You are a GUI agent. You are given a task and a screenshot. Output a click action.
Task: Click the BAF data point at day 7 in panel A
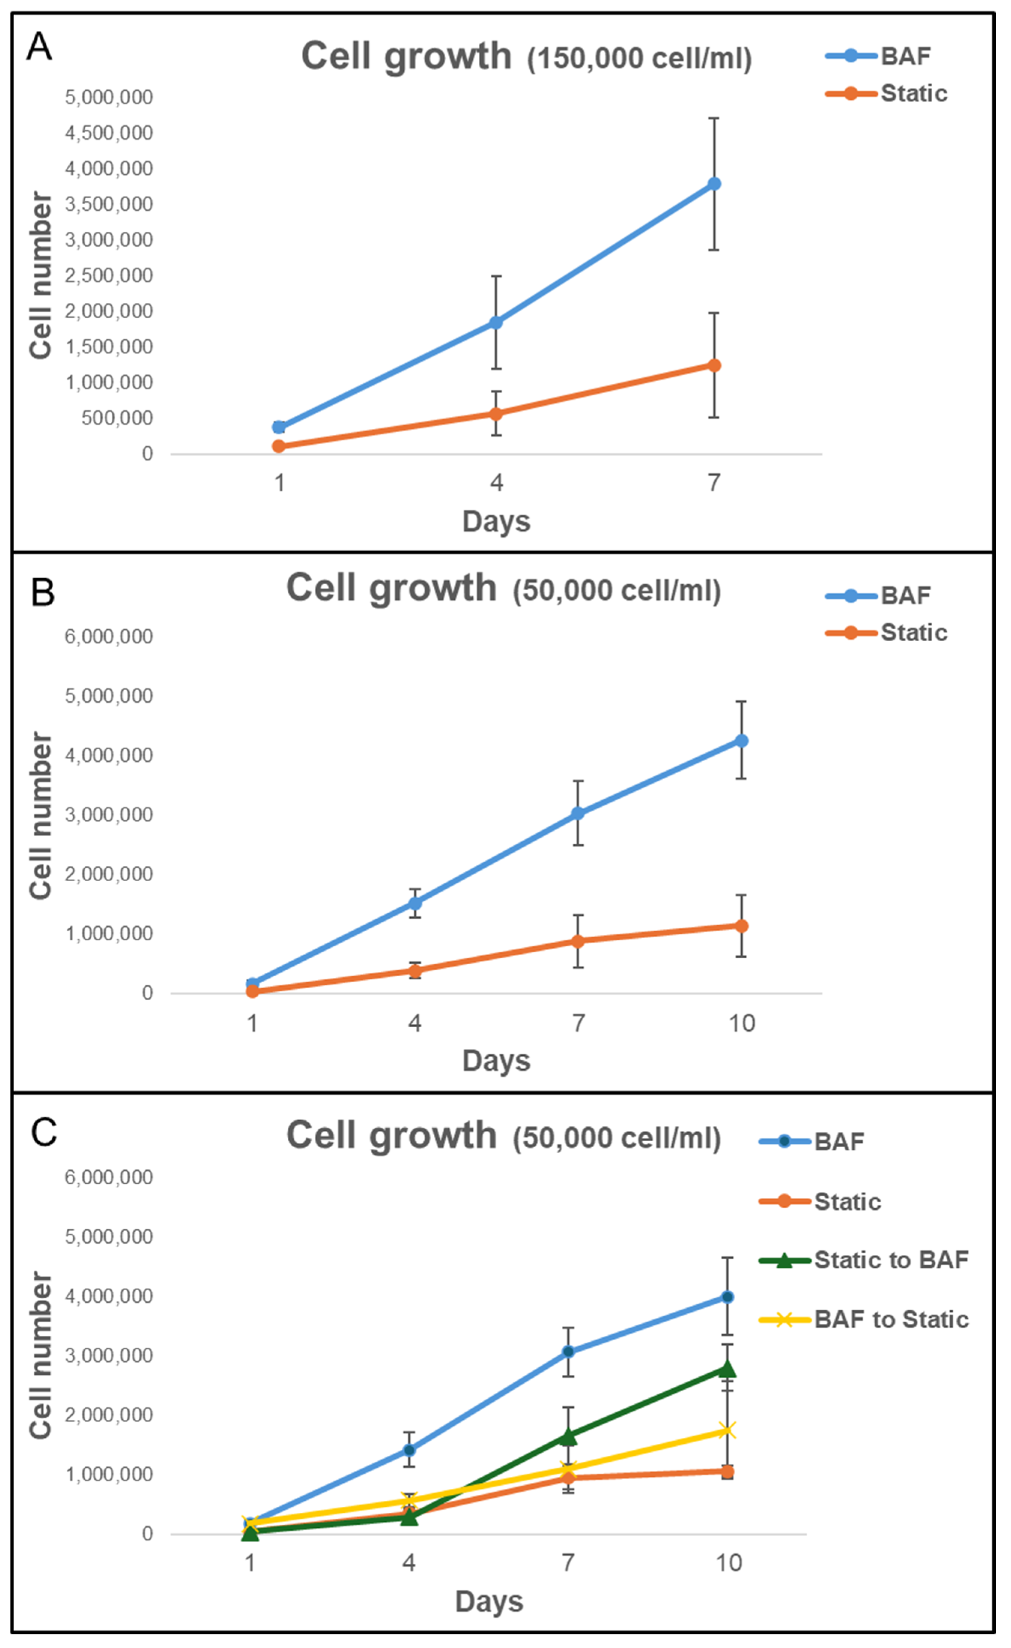click(x=714, y=184)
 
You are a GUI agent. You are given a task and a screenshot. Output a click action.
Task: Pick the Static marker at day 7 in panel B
click(x=578, y=941)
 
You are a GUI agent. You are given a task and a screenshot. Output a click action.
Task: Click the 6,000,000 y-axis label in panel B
click(x=109, y=637)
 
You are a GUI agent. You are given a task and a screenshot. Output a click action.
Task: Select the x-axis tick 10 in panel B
click(x=742, y=1023)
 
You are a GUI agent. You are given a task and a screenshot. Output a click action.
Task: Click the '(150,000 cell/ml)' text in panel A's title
click(x=639, y=59)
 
